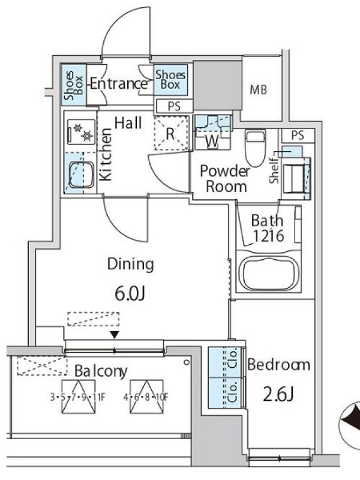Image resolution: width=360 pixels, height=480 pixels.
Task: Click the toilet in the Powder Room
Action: click(255, 148)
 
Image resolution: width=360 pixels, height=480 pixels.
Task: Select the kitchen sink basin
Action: click(81, 175)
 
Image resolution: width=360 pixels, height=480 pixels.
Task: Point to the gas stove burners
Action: click(81, 131)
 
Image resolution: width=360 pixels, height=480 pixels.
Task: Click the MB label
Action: click(259, 89)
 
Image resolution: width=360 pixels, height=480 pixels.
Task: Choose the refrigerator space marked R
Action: click(170, 133)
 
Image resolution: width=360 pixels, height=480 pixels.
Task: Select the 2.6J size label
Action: click(278, 394)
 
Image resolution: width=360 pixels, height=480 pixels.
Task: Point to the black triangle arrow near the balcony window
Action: click(115, 335)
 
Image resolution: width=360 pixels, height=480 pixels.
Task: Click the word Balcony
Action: click(101, 371)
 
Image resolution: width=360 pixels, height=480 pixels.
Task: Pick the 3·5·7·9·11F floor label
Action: click(78, 397)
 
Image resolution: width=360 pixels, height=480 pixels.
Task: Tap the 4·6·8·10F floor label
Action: click(146, 397)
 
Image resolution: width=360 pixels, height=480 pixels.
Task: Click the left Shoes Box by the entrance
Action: click(74, 85)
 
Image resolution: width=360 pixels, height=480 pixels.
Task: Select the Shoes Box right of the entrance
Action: click(170, 80)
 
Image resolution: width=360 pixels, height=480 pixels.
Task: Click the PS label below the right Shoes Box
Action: click(174, 106)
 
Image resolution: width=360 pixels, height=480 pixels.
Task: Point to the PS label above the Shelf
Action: click(298, 136)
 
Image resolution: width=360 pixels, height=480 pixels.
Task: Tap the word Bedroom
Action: click(278, 365)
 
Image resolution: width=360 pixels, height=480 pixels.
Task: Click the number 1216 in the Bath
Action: click(268, 236)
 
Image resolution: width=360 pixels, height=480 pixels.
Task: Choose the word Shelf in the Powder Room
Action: click(274, 170)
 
